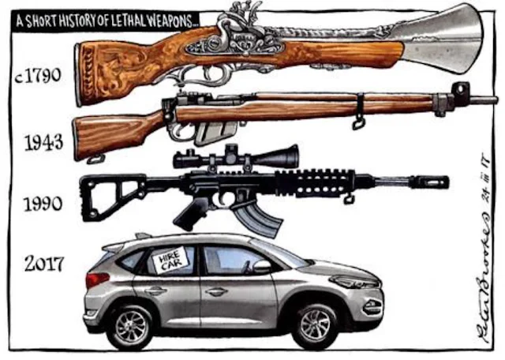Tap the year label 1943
tap(43, 143)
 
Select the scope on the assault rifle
tap(237, 158)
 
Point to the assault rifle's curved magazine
tap(257, 219)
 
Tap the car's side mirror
tap(261, 267)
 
